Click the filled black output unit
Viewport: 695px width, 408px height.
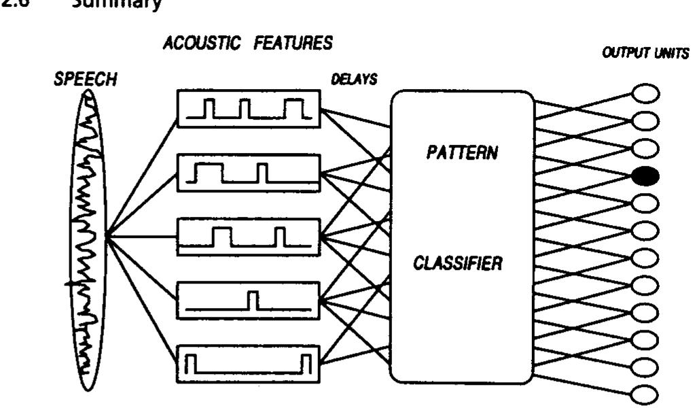645,177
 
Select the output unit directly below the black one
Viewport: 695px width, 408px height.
645,200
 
